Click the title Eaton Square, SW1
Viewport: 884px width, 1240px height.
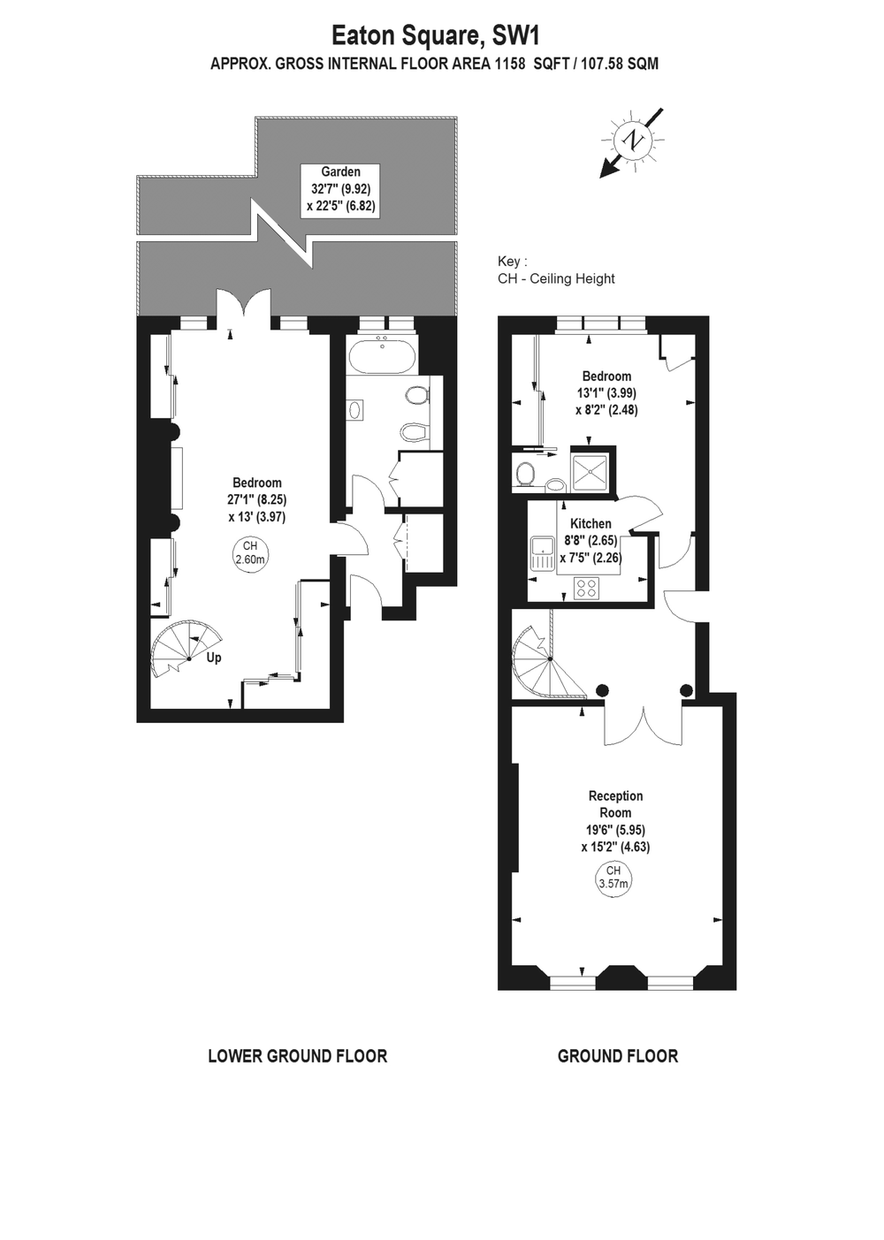[435, 35]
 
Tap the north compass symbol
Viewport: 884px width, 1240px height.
[634, 140]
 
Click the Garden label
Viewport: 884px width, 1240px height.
[340, 171]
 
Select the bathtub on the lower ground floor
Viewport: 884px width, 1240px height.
[382, 356]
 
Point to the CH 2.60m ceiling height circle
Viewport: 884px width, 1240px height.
[250, 552]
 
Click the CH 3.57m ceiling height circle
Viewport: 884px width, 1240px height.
[613, 878]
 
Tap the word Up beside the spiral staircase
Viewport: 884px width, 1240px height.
[214, 658]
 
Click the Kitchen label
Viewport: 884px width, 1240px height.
[591, 523]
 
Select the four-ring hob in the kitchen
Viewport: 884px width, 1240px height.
[586, 588]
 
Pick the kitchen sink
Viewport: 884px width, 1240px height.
[541, 554]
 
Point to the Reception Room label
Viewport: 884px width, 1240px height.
[615, 803]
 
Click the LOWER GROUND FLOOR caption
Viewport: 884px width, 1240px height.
[297, 1055]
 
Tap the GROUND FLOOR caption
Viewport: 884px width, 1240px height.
[617, 1055]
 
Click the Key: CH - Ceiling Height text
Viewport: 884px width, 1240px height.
[556, 270]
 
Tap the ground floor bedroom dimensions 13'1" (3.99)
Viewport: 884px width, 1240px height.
[606, 393]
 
